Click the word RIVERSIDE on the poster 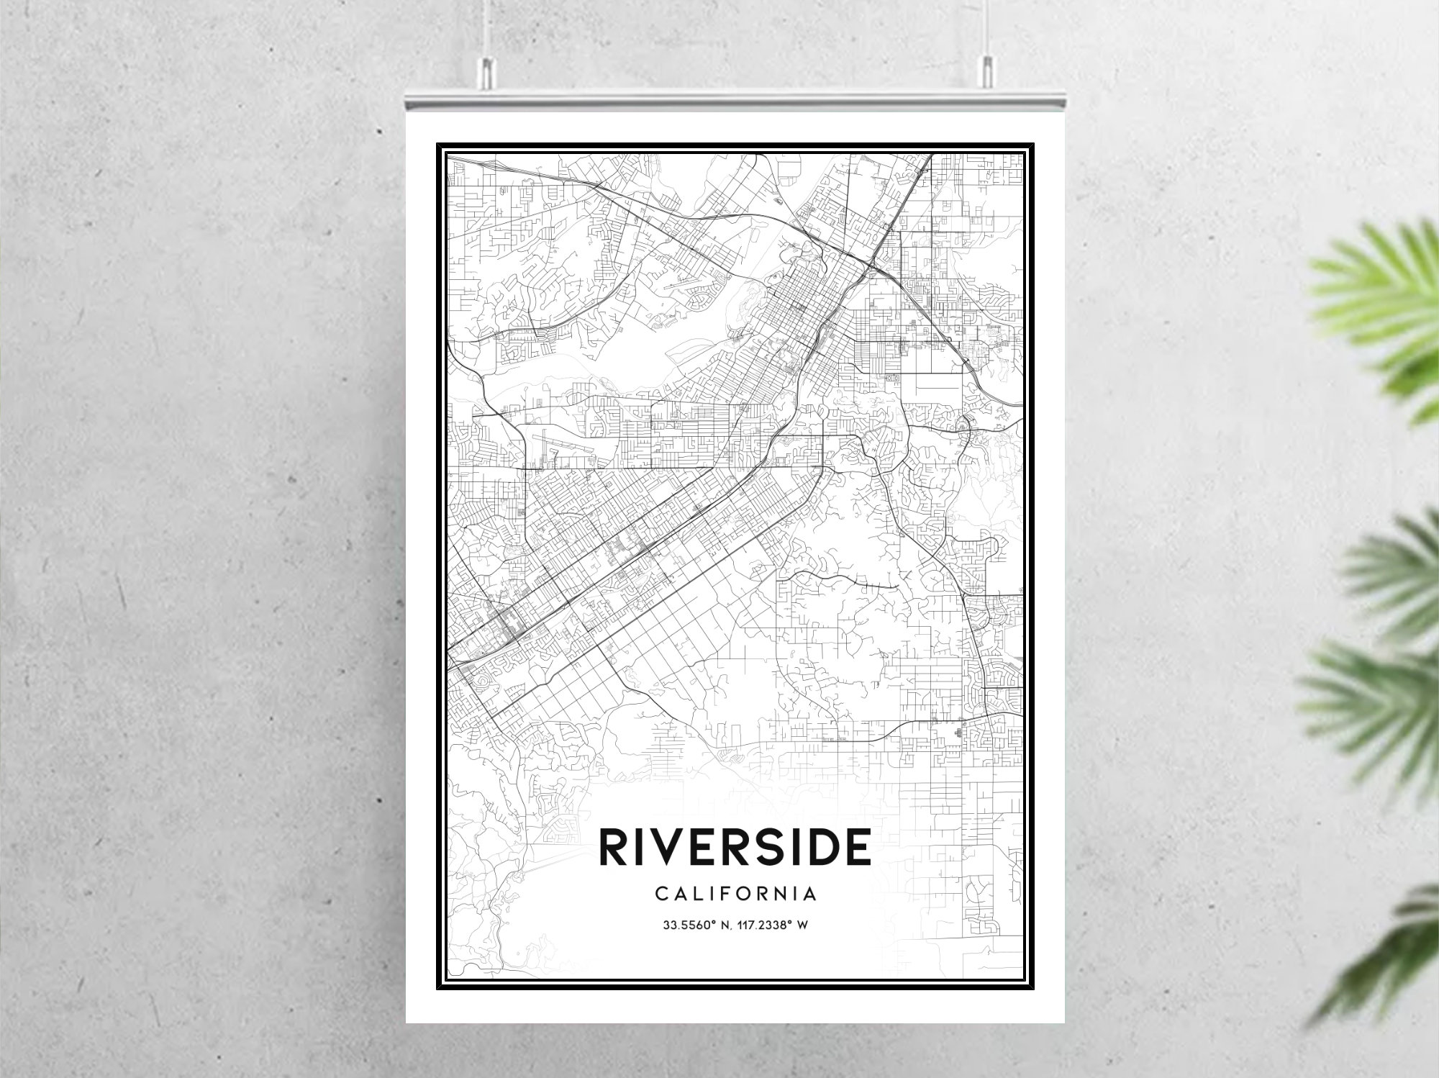[x=735, y=848]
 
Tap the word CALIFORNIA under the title [x=736, y=894]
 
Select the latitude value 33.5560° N [x=695, y=925]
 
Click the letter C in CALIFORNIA [x=661, y=894]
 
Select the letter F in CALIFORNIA [x=722, y=894]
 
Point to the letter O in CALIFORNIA [x=742, y=894]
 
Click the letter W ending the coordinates [x=804, y=925]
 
